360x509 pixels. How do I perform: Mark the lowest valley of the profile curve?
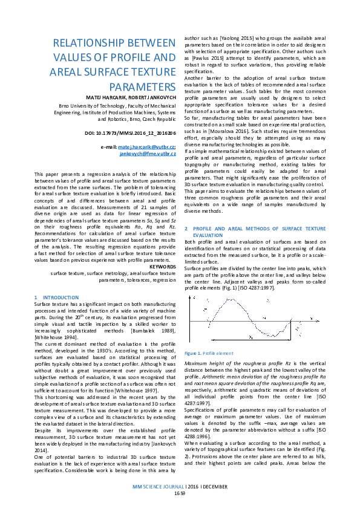point(269,336)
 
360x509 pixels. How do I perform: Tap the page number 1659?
point(180,493)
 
